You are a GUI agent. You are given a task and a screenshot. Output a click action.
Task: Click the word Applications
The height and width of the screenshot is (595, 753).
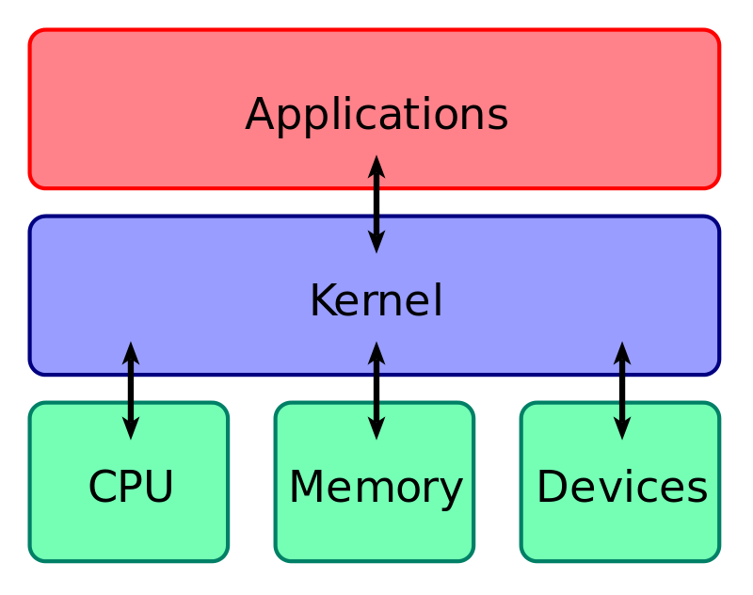coord(376,115)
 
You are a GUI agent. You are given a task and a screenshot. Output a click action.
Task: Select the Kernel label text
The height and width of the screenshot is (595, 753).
coord(376,300)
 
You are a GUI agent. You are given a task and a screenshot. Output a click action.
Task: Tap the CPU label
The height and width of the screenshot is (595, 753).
coord(131,487)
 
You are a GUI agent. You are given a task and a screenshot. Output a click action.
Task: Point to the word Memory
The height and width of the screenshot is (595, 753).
coord(376,489)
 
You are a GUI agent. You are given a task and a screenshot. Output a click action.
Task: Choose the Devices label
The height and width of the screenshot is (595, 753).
coord(622,487)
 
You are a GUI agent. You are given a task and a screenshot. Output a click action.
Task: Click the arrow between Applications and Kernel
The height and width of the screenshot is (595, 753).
coord(376,204)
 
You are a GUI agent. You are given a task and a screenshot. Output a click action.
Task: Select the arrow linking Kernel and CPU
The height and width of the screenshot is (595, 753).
coord(131,391)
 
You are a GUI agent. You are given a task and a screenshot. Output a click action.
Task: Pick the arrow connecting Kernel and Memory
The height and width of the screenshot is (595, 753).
coord(376,391)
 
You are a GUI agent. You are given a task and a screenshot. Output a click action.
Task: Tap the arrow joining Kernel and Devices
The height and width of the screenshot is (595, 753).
coord(622,391)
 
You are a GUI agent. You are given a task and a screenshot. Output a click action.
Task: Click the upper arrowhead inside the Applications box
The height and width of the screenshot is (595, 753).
coord(376,166)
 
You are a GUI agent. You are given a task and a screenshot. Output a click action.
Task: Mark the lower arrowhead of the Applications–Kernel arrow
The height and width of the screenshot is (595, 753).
coord(376,242)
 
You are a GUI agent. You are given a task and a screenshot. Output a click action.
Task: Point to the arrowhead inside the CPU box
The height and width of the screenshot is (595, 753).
coord(131,428)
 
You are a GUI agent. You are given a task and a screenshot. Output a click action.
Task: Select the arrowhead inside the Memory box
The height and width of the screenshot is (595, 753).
coord(376,428)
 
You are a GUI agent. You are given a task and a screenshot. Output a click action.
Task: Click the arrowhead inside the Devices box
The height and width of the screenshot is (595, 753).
coord(622,428)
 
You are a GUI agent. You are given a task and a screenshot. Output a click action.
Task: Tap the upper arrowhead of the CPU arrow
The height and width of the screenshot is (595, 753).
coord(131,352)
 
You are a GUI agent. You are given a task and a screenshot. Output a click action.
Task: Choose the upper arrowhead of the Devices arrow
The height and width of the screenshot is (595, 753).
coord(622,352)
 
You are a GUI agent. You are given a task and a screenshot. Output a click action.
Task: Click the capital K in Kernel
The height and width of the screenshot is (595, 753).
coord(324,299)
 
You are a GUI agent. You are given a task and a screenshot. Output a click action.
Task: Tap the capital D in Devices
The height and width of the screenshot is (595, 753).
coord(553,486)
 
